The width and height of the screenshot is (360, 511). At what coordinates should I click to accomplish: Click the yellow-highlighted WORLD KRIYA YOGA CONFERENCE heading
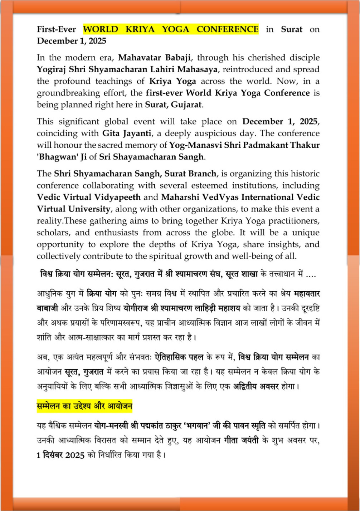pos(171,29)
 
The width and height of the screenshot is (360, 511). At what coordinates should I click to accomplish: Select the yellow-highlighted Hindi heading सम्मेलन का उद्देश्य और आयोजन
pos(84,406)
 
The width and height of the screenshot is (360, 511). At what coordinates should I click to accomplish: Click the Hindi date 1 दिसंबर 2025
pos(60,456)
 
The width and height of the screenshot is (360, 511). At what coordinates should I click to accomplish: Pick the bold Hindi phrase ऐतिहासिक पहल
pos(180,357)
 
